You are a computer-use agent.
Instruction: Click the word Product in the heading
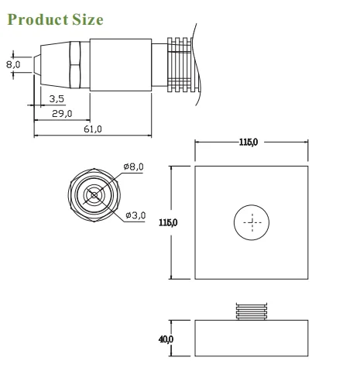(x=36, y=19)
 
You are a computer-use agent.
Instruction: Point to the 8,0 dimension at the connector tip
(x=13, y=64)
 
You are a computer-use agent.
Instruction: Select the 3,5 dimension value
(x=57, y=98)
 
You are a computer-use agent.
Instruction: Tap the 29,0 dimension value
(x=62, y=113)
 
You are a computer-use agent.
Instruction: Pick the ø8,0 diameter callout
(x=133, y=167)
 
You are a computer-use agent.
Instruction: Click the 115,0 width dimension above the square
(x=252, y=143)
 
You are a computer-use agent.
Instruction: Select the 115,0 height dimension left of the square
(x=167, y=222)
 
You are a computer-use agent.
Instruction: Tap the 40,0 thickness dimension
(x=166, y=339)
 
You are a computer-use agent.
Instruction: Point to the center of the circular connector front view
(x=94, y=194)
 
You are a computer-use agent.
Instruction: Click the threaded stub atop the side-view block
(x=252, y=311)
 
